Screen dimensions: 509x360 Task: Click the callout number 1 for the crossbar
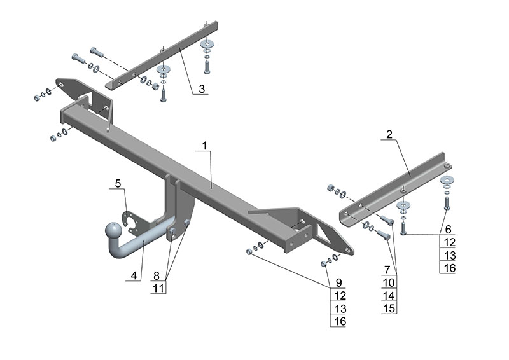pos(204,146)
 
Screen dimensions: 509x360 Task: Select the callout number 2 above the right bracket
pos(389,134)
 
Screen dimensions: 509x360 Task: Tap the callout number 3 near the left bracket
pos(202,88)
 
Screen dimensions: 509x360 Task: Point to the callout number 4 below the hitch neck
pos(134,275)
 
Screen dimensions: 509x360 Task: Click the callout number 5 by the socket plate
pos(118,183)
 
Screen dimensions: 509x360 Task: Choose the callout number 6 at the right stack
pos(448,230)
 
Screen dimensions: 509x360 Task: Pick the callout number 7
pos(387,270)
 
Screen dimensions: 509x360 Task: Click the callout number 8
pos(157,275)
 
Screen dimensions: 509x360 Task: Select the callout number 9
pos(339,283)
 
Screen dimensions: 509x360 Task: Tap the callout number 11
pos(158,288)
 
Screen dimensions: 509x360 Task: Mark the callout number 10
pos(389,283)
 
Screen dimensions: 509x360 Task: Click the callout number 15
pos(389,308)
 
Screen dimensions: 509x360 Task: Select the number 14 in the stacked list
pos(389,296)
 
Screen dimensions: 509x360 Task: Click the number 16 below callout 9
pos(340,321)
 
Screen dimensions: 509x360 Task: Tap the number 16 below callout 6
pos(450,268)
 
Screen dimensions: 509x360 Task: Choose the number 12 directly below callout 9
pos(340,296)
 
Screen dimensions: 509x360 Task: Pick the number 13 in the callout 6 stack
pos(450,256)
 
